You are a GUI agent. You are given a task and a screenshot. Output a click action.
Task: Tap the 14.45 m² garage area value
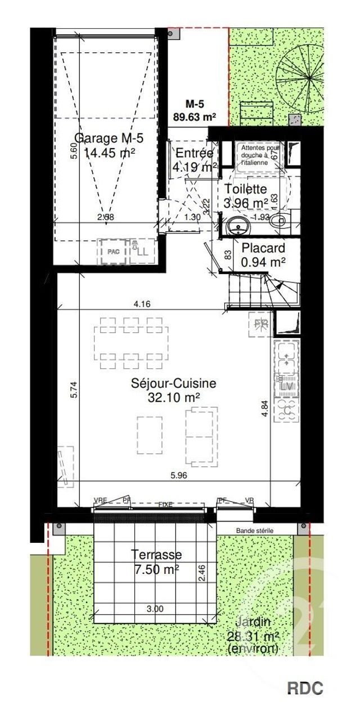pos(109,152)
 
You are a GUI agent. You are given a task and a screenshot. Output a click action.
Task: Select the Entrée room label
pos(194,154)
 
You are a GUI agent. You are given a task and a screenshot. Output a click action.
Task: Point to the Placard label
pos(263,248)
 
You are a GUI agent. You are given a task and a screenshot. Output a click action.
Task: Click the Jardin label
pos(253,622)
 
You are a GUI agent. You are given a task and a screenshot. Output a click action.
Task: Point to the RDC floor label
pos(305,688)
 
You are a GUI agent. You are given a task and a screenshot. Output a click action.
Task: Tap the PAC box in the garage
pos(113,252)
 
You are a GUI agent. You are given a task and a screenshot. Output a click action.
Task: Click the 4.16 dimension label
pos(142,304)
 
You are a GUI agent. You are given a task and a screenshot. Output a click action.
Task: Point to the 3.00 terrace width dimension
pos(155,609)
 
